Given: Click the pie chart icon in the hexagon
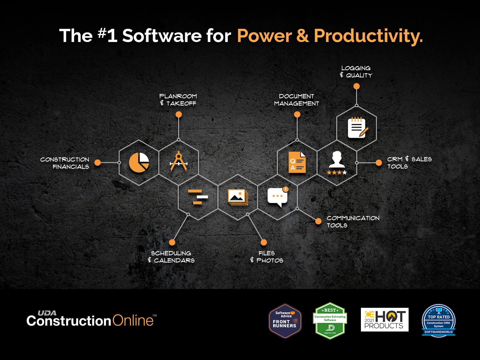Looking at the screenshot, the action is (139, 162).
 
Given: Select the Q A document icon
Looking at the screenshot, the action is (297, 162).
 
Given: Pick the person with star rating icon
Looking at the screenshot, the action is (337, 163).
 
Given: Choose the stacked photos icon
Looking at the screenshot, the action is (238, 197).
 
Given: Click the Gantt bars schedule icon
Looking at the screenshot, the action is (198, 197).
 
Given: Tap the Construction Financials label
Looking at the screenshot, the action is (65, 163).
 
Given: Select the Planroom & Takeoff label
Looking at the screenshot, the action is (178, 100).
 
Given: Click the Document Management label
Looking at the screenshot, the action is (296, 100).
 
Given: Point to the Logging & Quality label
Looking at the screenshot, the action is (356, 72).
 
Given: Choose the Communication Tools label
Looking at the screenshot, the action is (353, 222).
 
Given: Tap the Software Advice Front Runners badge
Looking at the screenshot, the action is (285, 321).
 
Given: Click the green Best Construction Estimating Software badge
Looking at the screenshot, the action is (330, 321).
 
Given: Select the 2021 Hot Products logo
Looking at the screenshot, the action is (384, 319).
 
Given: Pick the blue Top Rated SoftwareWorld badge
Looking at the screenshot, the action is (439, 320).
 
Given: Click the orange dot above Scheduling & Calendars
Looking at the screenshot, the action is (172, 242).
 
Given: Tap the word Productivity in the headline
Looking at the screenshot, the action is (368, 36).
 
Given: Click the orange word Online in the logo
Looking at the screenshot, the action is (133, 321).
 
